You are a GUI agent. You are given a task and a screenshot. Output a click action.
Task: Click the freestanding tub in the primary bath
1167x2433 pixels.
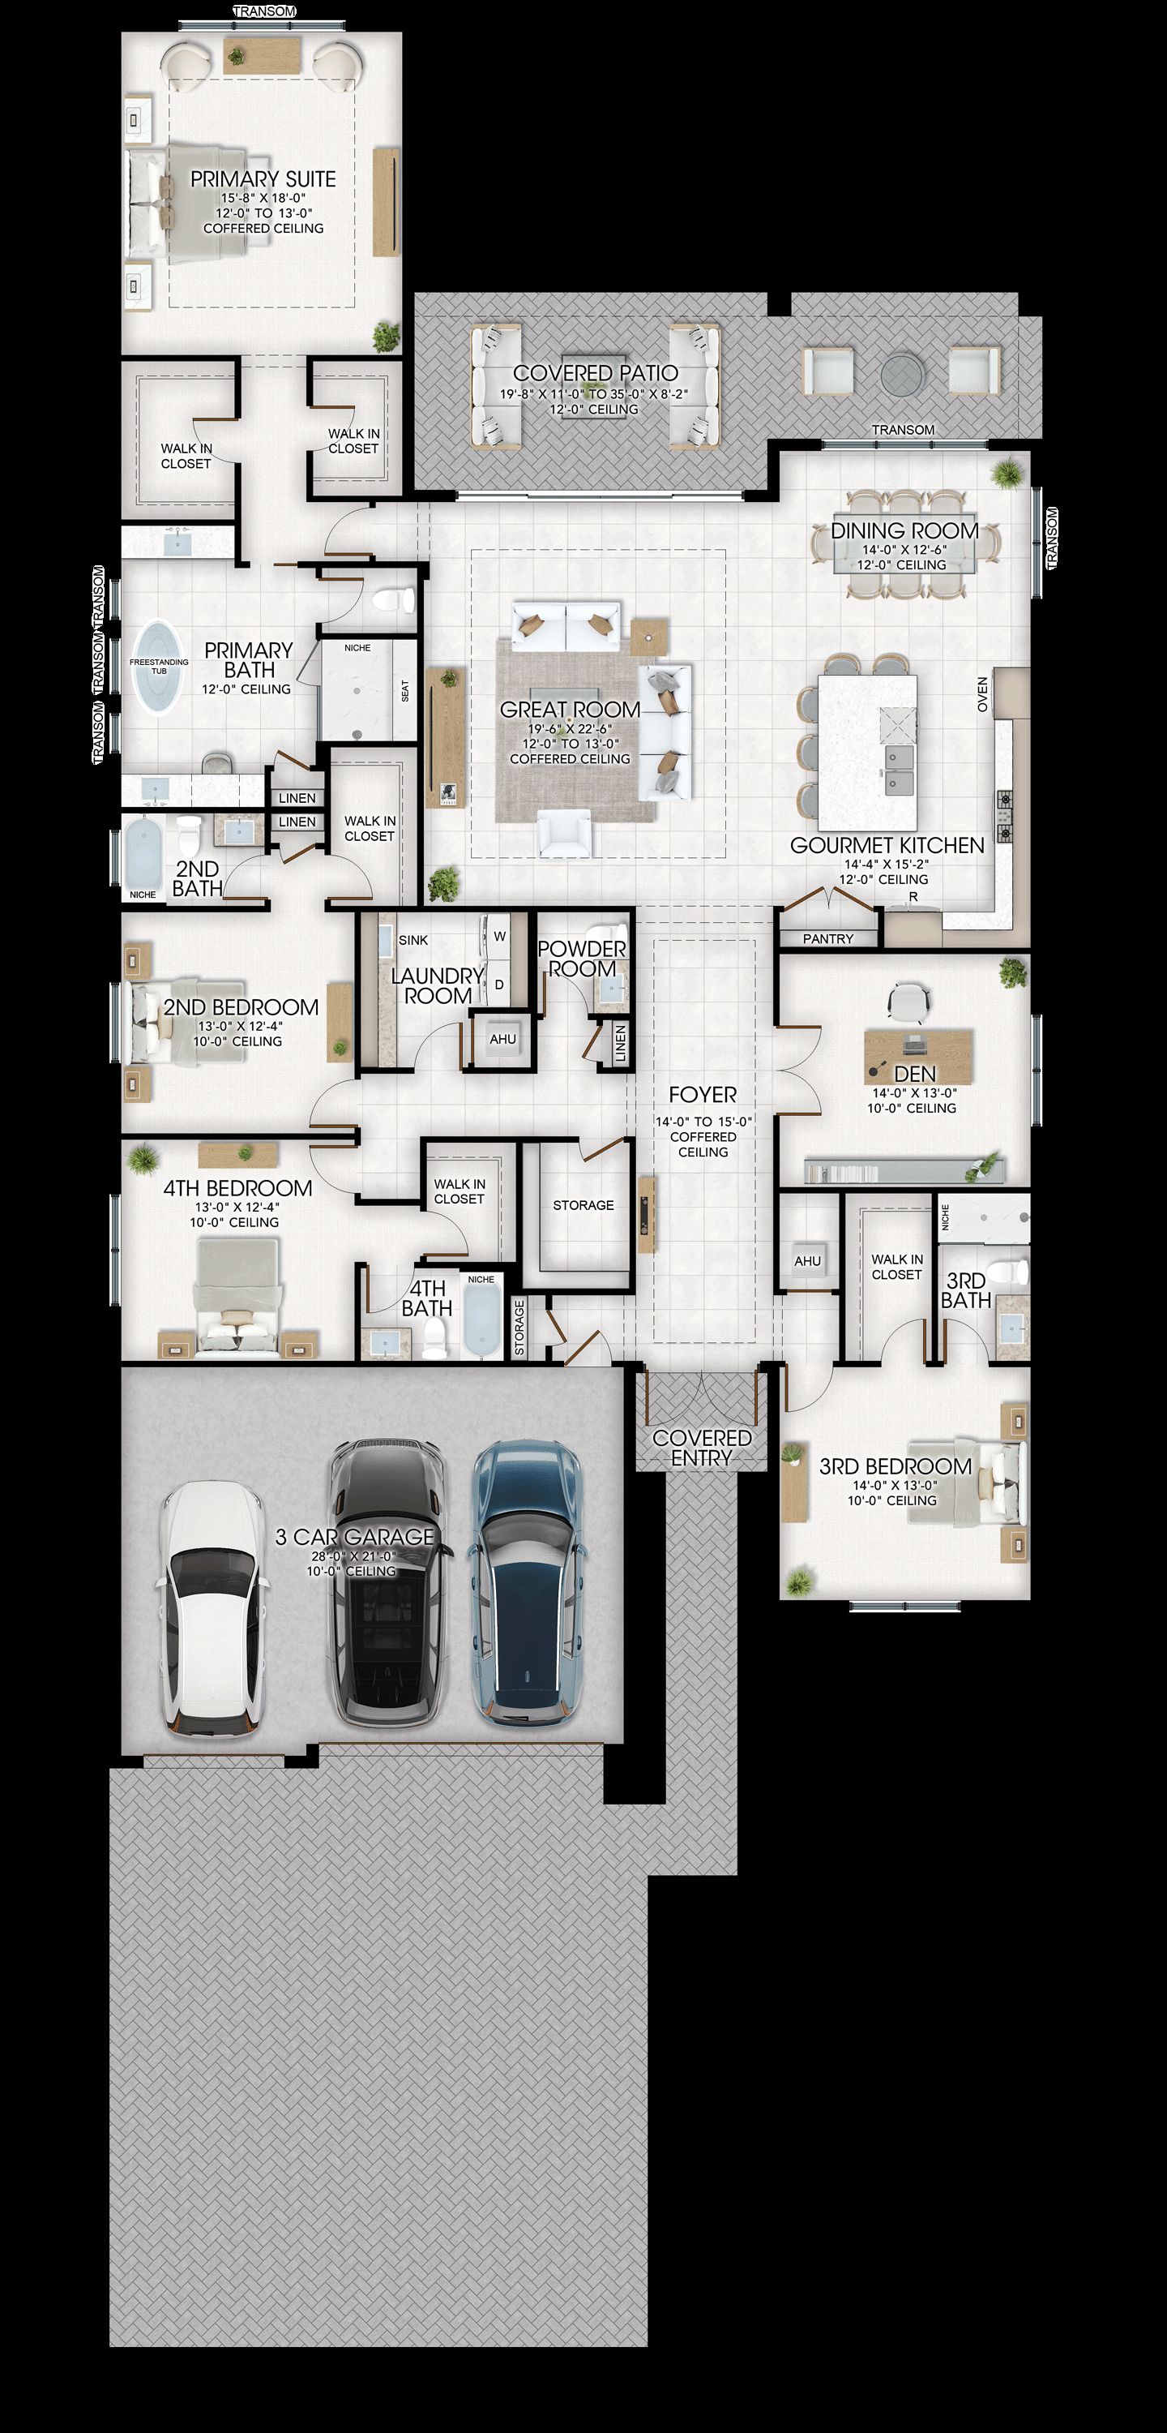159,667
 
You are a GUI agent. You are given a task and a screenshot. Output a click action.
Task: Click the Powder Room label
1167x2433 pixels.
582,959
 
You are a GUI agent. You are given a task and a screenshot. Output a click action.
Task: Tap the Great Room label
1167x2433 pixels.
571,710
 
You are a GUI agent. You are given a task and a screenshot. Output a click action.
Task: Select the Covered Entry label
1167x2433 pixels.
702,1447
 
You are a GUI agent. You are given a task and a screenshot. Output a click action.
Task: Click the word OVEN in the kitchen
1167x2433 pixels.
983,694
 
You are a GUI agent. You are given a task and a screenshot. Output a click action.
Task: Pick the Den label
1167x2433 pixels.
915,1074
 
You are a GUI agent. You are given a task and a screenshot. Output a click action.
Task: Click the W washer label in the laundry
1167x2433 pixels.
499,936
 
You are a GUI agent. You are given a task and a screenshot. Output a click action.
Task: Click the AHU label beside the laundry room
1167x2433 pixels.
502,1039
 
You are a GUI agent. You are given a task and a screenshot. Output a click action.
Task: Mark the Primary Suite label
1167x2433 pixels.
263,178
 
